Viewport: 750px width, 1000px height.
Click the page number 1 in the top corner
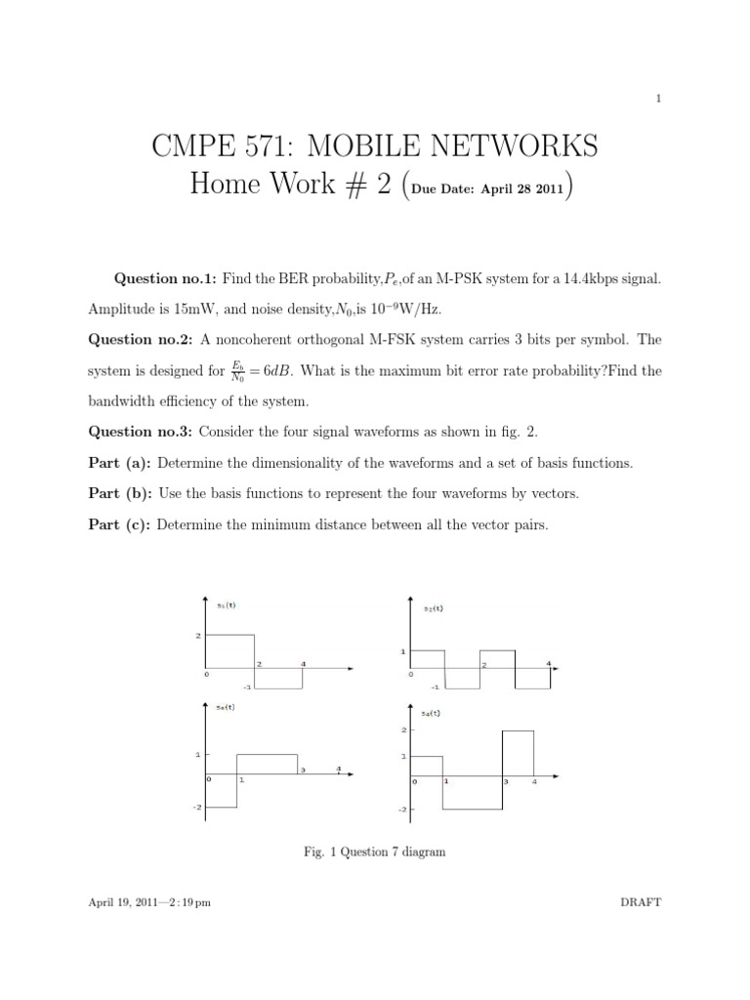[661, 99]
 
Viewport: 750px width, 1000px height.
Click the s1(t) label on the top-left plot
[226, 604]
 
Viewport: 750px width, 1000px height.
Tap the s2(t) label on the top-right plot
[434, 608]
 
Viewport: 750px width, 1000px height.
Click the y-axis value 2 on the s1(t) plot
[197, 636]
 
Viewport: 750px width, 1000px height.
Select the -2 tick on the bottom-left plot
[197, 808]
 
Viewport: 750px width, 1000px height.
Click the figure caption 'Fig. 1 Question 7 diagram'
[375, 852]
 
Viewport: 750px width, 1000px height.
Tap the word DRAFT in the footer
[641, 902]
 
